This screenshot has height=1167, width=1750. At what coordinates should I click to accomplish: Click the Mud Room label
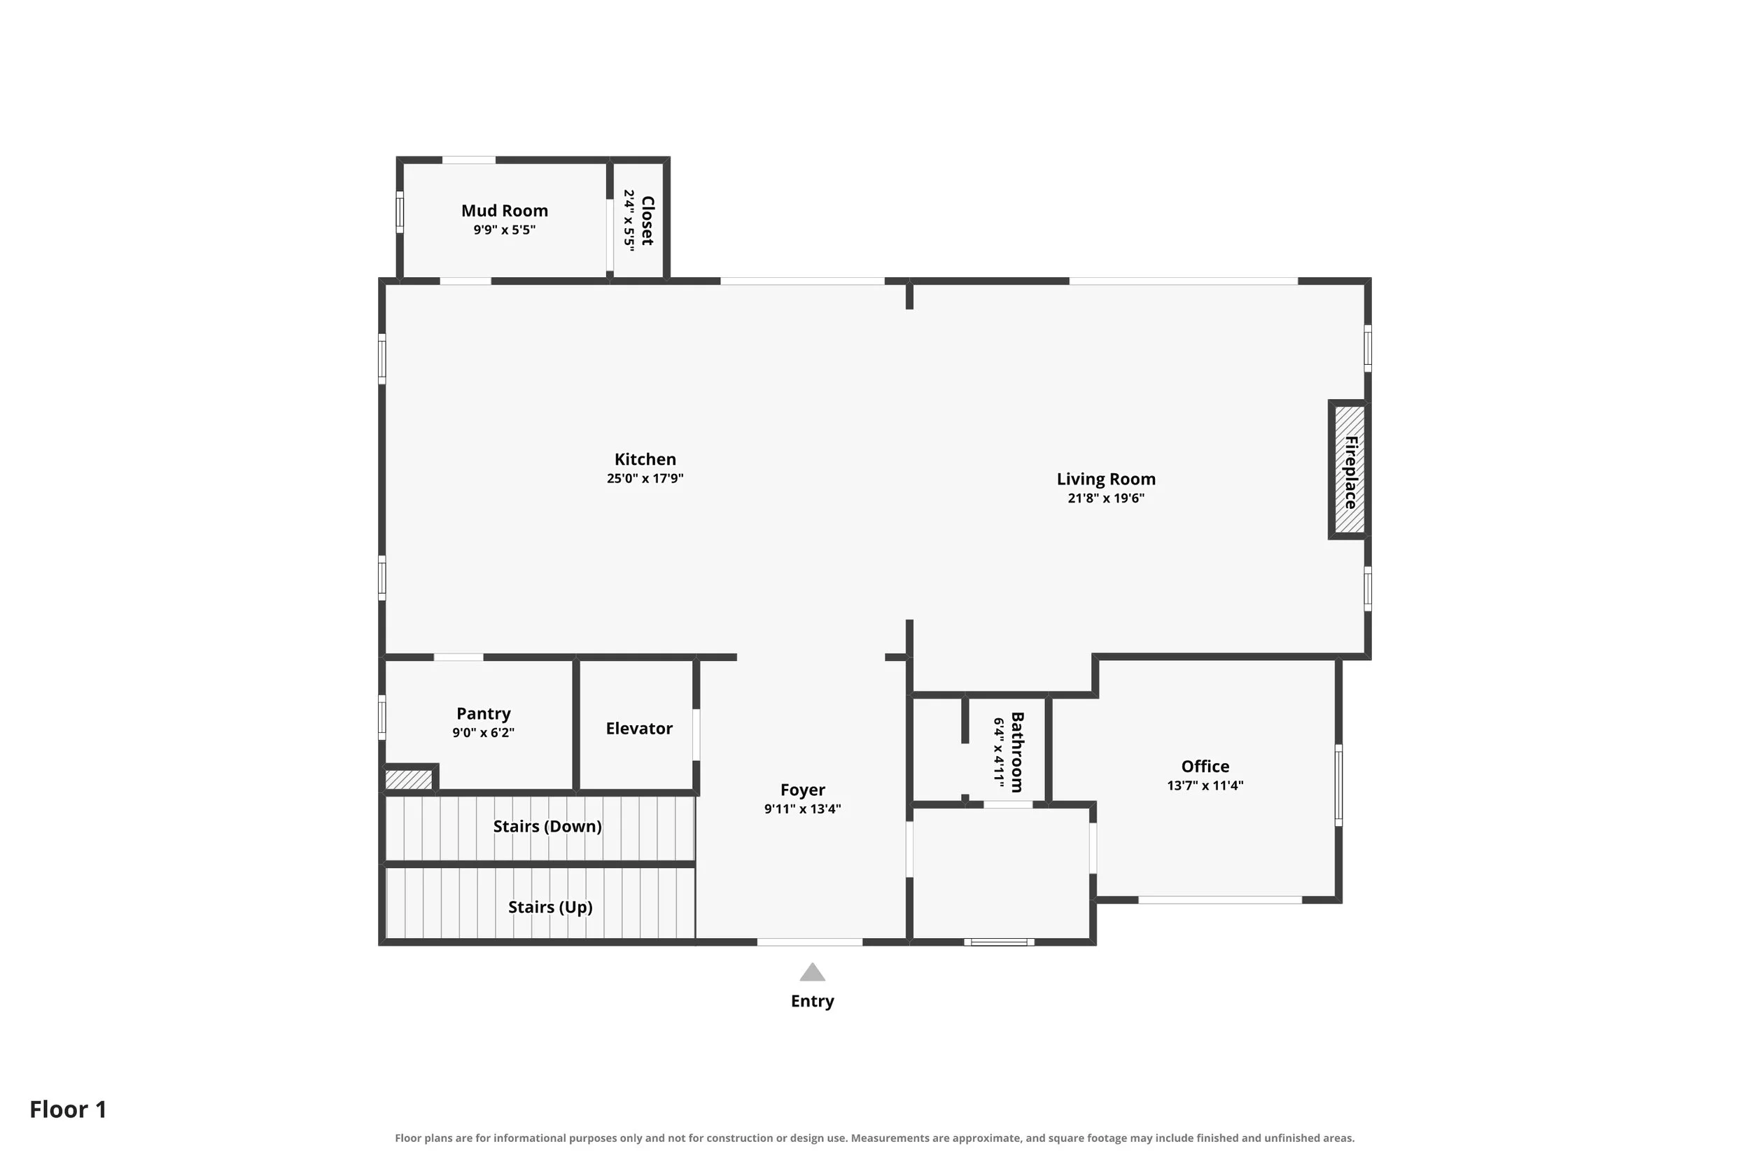505,211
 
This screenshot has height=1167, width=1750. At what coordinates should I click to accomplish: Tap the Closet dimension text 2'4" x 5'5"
629,221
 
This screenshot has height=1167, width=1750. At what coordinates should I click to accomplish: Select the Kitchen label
645,459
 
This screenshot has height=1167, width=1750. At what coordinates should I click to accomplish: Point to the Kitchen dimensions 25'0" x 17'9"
645,479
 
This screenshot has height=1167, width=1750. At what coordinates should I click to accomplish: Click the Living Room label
1106,480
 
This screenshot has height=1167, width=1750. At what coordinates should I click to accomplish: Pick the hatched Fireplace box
1349,470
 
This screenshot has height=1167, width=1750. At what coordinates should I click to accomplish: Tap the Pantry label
484,714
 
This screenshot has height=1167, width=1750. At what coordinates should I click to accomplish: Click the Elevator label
639,729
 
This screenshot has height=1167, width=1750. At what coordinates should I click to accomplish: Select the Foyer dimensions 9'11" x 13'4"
802,809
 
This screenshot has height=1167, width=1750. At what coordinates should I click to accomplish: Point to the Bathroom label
1017,753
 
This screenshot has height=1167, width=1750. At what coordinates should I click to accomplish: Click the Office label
1205,767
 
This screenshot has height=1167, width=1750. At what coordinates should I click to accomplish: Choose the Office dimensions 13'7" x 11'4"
1205,785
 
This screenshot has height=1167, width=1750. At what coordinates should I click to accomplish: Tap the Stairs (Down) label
547,826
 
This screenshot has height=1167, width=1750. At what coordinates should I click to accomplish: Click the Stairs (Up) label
551,907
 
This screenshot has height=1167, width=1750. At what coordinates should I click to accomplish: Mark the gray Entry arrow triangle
813,973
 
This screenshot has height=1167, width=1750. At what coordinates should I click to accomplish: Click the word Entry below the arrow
813,1001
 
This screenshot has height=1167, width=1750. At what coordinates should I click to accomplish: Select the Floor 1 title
69,1109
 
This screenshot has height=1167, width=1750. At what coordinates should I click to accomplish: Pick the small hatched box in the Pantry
409,779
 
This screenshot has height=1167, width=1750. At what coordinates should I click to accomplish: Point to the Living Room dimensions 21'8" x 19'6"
1106,498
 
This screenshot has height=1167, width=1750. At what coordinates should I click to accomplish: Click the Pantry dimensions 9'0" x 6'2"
484,733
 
